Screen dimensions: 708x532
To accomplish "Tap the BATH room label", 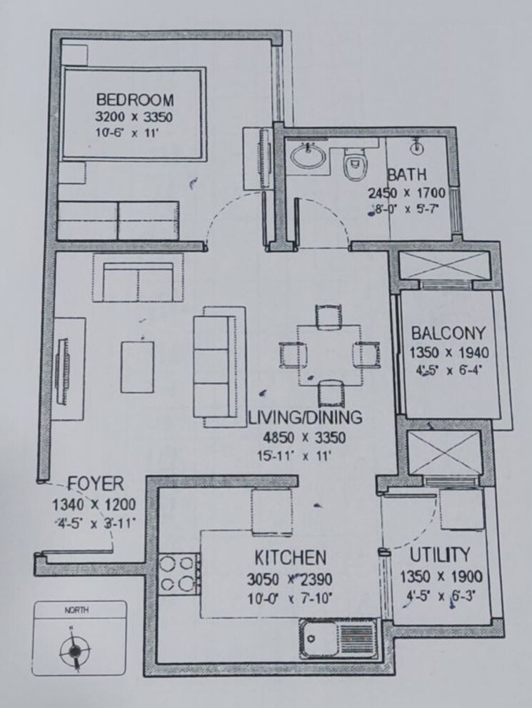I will (x=407, y=175).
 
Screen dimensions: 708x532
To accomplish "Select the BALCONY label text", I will (x=448, y=333).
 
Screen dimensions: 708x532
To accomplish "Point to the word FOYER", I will (x=95, y=484).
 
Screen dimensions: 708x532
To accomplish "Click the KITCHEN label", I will (x=291, y=558).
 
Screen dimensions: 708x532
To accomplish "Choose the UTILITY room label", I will (x=441, y=555).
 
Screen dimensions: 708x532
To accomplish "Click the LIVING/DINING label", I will (x=305, y=417).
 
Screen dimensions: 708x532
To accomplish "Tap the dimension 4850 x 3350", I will (x=305, y=436).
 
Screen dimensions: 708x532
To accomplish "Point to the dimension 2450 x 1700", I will (x=406, y=193).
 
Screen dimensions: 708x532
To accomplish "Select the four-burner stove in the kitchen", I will (x=178, y=573).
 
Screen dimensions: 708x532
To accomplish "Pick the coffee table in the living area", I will (x=137, y=366).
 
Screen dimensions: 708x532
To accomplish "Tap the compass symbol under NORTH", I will (x=73, y=650).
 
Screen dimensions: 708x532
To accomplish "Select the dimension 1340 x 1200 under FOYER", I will (x=94, y=506).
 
